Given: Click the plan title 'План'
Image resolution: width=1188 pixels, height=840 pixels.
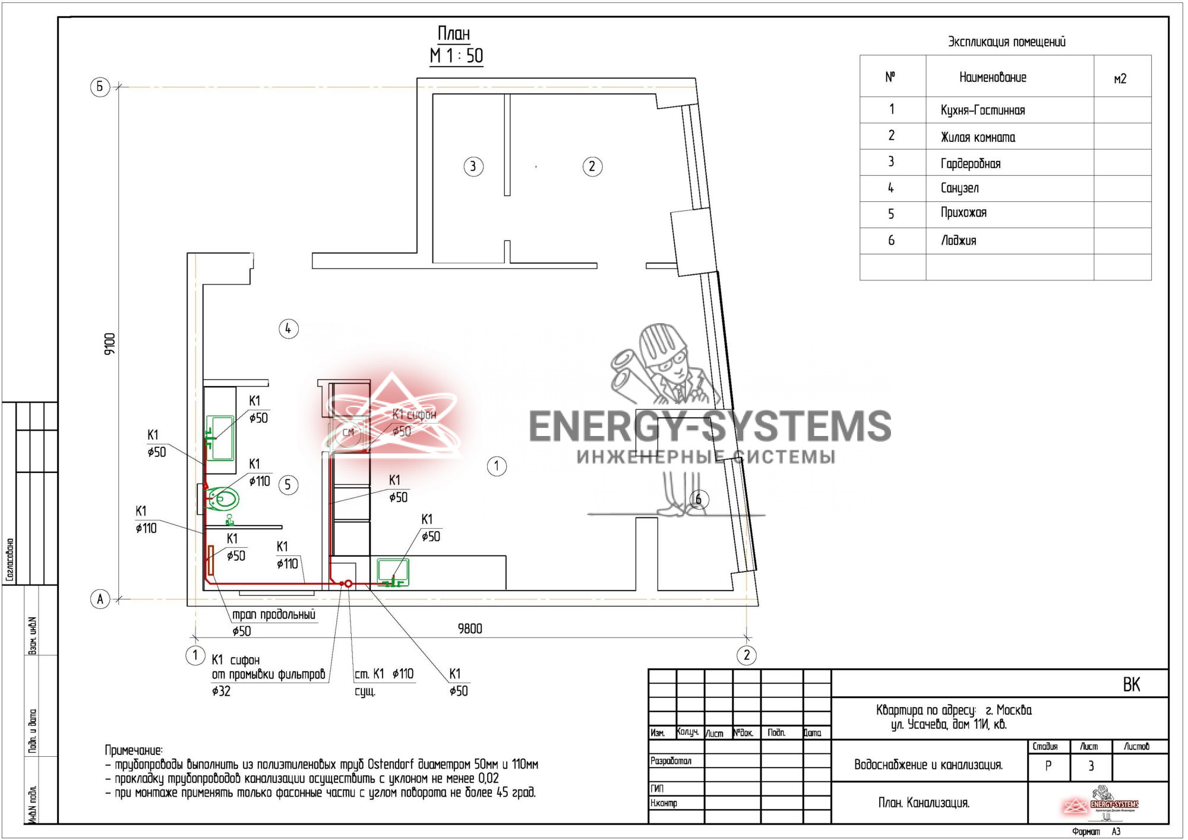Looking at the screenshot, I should coord(454,33).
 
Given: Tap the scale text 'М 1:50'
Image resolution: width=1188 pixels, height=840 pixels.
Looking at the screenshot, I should coord(456,56).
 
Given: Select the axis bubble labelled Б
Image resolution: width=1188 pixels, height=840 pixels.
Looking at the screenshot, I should coord(100,87).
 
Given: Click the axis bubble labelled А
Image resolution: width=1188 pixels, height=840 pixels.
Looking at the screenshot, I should coord(100,599).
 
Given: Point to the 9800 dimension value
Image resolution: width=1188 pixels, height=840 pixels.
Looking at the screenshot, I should coord(470,629).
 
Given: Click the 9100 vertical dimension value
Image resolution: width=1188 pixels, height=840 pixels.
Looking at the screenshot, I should coord(110,344).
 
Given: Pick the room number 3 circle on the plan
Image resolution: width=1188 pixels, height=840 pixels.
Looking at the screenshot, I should coord(473,166).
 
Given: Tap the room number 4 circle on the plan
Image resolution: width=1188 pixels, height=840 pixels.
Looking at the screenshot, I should coord(288,329).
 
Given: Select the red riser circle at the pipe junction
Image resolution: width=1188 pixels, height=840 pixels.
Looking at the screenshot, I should coord(349,584).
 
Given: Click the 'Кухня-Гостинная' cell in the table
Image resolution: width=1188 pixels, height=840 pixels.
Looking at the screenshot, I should coord(982,110).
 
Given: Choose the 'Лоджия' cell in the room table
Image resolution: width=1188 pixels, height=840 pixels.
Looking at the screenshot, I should coord(958,241).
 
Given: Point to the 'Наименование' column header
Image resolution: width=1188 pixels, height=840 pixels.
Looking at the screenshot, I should coord(993,77).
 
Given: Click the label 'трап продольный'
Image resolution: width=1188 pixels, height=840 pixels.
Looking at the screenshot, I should coord(274,614).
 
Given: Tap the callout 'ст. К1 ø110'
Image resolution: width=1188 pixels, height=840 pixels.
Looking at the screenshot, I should coord(384,674).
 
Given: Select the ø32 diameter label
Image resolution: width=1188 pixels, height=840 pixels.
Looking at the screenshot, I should coord(221,691).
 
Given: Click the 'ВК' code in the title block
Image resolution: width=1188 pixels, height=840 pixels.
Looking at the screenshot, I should coord(1131,684).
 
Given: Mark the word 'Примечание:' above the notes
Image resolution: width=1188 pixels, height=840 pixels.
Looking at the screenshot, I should coord(134,750).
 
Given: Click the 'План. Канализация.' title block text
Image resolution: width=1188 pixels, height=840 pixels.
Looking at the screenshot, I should coord(924,803).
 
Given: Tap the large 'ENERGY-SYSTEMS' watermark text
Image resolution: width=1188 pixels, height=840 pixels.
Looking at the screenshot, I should coord(710,427).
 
